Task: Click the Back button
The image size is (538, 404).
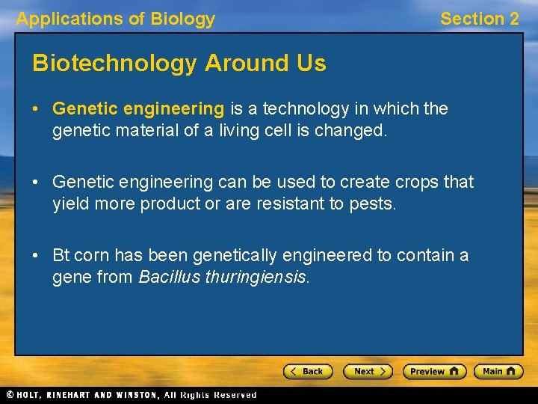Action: pyautogui.click(x=307, y=371)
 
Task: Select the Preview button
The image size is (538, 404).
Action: pyautogui.click(x=434, y=371)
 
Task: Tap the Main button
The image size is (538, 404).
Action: pyautogui.click(x=498, y=371)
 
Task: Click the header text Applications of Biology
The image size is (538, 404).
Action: pyautogui.click(x=116, y=19)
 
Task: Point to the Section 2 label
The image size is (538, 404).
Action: pyautogui.click(x=479, y=19)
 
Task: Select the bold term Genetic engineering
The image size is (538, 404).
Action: pyautogui.click(x=138, y=109)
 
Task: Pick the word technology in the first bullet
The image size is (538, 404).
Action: pyautogui.click(x=304, y=109)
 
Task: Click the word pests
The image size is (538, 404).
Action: pyautogui.click(x=373, y=203)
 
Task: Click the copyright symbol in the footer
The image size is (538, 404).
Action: pyautogui.click(x=9, y=394)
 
